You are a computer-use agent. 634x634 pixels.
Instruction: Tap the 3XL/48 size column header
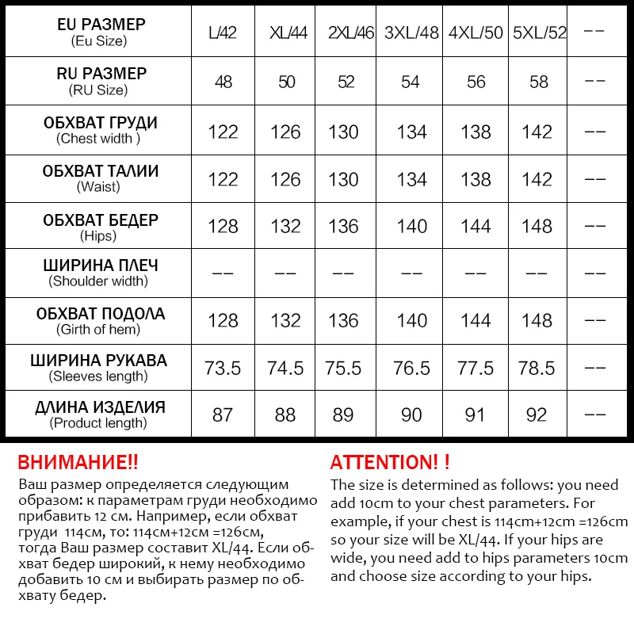(x=411, y=33)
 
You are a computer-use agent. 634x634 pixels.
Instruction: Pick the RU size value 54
(x=411, y=82)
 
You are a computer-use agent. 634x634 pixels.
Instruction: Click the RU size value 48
(x=223, y=82)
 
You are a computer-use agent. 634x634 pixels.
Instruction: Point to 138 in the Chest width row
(x=475, y=132)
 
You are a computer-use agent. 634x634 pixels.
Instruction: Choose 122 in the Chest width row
(x=223, y=132)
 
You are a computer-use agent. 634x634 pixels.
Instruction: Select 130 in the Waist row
(x=343, y=179)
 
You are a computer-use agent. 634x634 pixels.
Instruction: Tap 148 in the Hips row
(x=537, y=226)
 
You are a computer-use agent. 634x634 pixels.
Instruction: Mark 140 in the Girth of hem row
(x=411, y=321)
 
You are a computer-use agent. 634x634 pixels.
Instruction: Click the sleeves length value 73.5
(x=223, y=369)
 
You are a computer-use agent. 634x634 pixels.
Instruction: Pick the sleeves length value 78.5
(x=537, y=369)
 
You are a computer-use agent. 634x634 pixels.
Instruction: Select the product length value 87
(x=223, y=415)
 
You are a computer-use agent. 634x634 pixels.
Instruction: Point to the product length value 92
(x=537, y=415)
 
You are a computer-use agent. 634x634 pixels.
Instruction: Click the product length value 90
(x=411, y=415)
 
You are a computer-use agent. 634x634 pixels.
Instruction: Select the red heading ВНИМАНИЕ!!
(x=78, y=462)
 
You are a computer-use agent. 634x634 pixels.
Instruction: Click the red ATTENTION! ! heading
(x=390, y=462)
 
